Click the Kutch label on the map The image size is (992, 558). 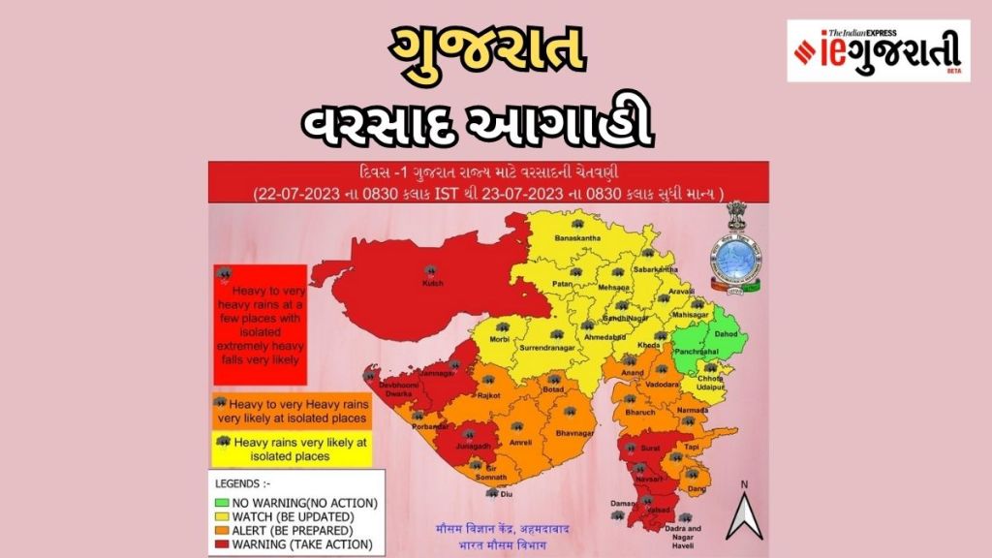point(432,284)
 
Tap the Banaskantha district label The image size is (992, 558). point(577,238)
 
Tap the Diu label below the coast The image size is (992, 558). point(505,494)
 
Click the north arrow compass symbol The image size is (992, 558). point(743,514)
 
